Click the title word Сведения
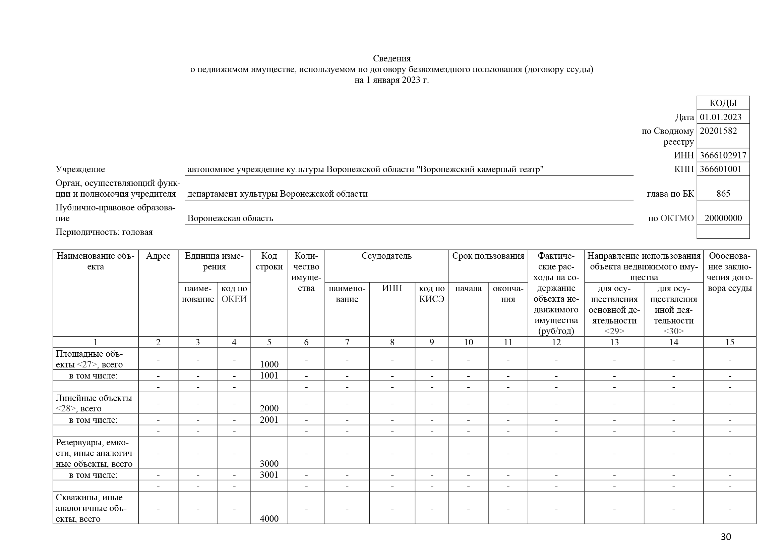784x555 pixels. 391,58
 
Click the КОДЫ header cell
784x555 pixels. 723,103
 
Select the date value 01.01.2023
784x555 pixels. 721,117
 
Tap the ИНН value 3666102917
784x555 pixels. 723,155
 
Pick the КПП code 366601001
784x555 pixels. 721,169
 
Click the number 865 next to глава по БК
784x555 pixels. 723,194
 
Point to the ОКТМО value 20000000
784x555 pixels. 723,218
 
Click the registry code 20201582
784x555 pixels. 718,131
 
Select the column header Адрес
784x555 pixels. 158,256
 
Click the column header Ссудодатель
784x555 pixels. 386,256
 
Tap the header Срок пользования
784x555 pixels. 488,256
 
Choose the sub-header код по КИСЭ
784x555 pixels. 432,294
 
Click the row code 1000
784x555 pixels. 269,364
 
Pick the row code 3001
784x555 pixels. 269,475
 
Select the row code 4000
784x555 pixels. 269,519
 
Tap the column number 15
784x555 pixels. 730,342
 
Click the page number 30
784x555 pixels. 726,537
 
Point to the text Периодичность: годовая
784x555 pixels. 104,232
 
